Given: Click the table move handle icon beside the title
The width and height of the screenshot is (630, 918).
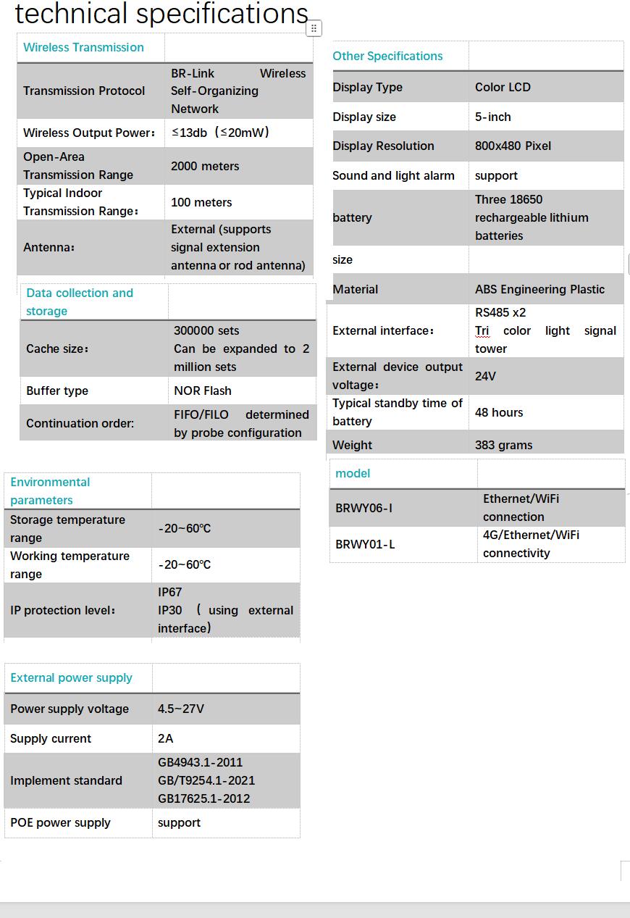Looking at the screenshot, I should pos(314,28).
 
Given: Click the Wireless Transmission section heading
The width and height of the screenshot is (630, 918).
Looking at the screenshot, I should pos(83,48).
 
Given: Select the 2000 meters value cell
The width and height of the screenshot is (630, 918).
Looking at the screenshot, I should pos(205,166).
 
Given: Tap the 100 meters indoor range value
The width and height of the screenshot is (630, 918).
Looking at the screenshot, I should pos(201,202).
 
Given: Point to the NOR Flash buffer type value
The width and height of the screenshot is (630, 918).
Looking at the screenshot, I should pos(203,391).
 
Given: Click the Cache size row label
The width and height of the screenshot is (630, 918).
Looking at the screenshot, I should pos(57,349).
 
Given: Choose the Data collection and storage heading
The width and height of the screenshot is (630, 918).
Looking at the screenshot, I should pos(80,301).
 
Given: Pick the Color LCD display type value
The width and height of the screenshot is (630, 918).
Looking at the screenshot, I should pos(503,87).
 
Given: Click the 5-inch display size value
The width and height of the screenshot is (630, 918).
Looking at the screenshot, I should pos(493,117).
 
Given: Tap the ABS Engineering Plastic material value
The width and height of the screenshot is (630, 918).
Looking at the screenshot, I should pos(539,289).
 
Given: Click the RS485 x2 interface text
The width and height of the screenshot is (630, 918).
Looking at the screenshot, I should pos(500,312).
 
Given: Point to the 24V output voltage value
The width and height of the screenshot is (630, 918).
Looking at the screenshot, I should pos(485,376).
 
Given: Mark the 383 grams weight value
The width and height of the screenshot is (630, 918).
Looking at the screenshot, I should pos(503,445).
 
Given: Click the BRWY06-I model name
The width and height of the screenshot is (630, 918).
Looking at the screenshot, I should pos(364,508).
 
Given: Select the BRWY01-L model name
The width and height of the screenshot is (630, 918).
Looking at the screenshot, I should pos(365,544).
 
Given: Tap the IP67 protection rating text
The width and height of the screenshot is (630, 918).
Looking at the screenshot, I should pos(170,592).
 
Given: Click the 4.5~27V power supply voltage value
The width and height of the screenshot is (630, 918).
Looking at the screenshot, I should pos(181,709).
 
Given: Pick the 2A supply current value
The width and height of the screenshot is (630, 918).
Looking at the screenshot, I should pos(166,738).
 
